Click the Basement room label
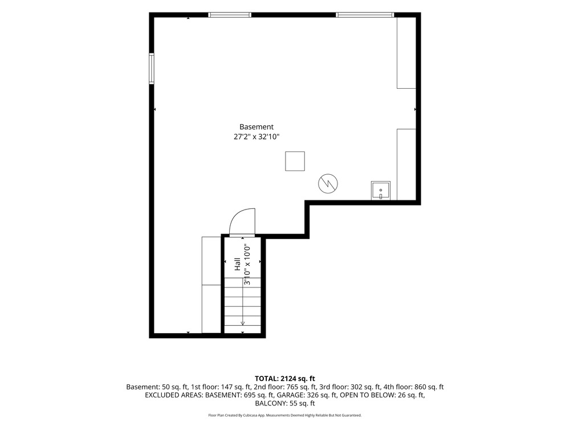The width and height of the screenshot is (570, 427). [256, 127]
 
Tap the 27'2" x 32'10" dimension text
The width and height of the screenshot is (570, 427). [256, 137]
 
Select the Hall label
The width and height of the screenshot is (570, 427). [237, 264]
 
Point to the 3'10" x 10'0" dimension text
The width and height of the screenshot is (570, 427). [247, 264]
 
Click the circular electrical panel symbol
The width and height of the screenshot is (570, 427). [328, 183]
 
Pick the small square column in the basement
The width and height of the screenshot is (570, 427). [295, 161]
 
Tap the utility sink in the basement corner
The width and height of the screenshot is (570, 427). [381, 191]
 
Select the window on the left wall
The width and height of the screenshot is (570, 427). [152, 69]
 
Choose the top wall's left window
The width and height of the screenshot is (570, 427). [230, 15]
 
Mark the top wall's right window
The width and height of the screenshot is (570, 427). [365, 15]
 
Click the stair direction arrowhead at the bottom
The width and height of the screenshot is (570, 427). [243, 323]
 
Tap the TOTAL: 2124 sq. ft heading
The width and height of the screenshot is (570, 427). [285, 379]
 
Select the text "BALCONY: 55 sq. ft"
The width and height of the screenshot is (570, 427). [285, 404]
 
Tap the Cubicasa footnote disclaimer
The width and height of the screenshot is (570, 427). [285, 415]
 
